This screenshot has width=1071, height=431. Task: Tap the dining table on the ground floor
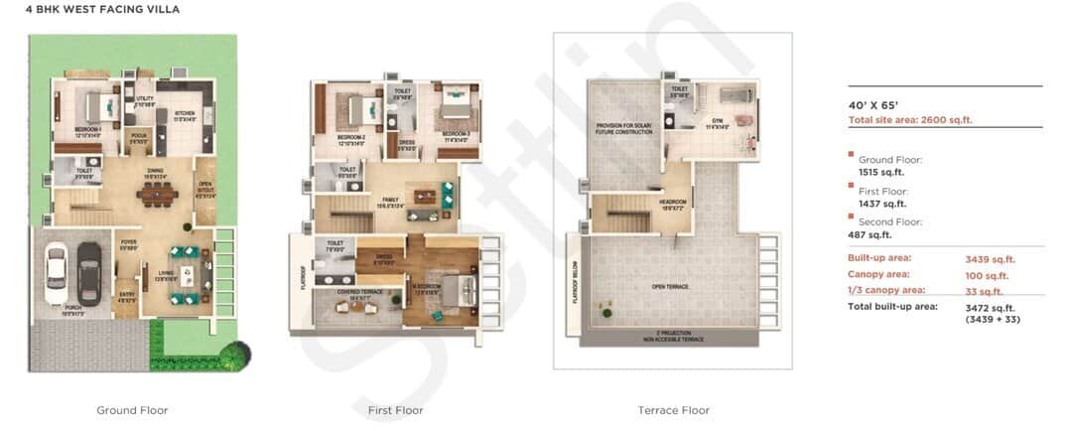[156, 194]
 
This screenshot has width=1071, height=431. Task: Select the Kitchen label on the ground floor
[185, 114]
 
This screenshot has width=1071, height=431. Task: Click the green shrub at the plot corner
[237, 355]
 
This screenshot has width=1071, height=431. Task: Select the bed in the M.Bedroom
[453, 291]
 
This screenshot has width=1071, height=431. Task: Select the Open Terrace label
[672, 286]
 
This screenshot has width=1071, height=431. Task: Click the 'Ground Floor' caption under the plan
[132, 410]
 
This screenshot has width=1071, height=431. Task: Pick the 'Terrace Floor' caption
[673, 410]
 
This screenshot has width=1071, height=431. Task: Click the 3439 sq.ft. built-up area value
[990, 259]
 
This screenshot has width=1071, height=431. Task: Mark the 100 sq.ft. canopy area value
[987, 275]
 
